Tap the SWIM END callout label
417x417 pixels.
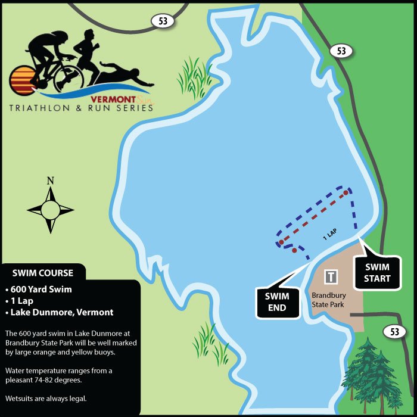(x=276, y=301)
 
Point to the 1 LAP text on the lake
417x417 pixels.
(x=331, y=234)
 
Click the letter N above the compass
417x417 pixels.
(x=51, y=181)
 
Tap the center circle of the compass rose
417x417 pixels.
(x=51, y=209)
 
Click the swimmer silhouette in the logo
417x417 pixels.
(x=122, y=77)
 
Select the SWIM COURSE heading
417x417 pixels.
(x=43, y=273)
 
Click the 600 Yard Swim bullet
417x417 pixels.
(x=42, y=290)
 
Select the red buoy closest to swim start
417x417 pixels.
(x=346, y=192)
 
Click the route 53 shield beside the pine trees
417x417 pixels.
(x=394, y=332)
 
